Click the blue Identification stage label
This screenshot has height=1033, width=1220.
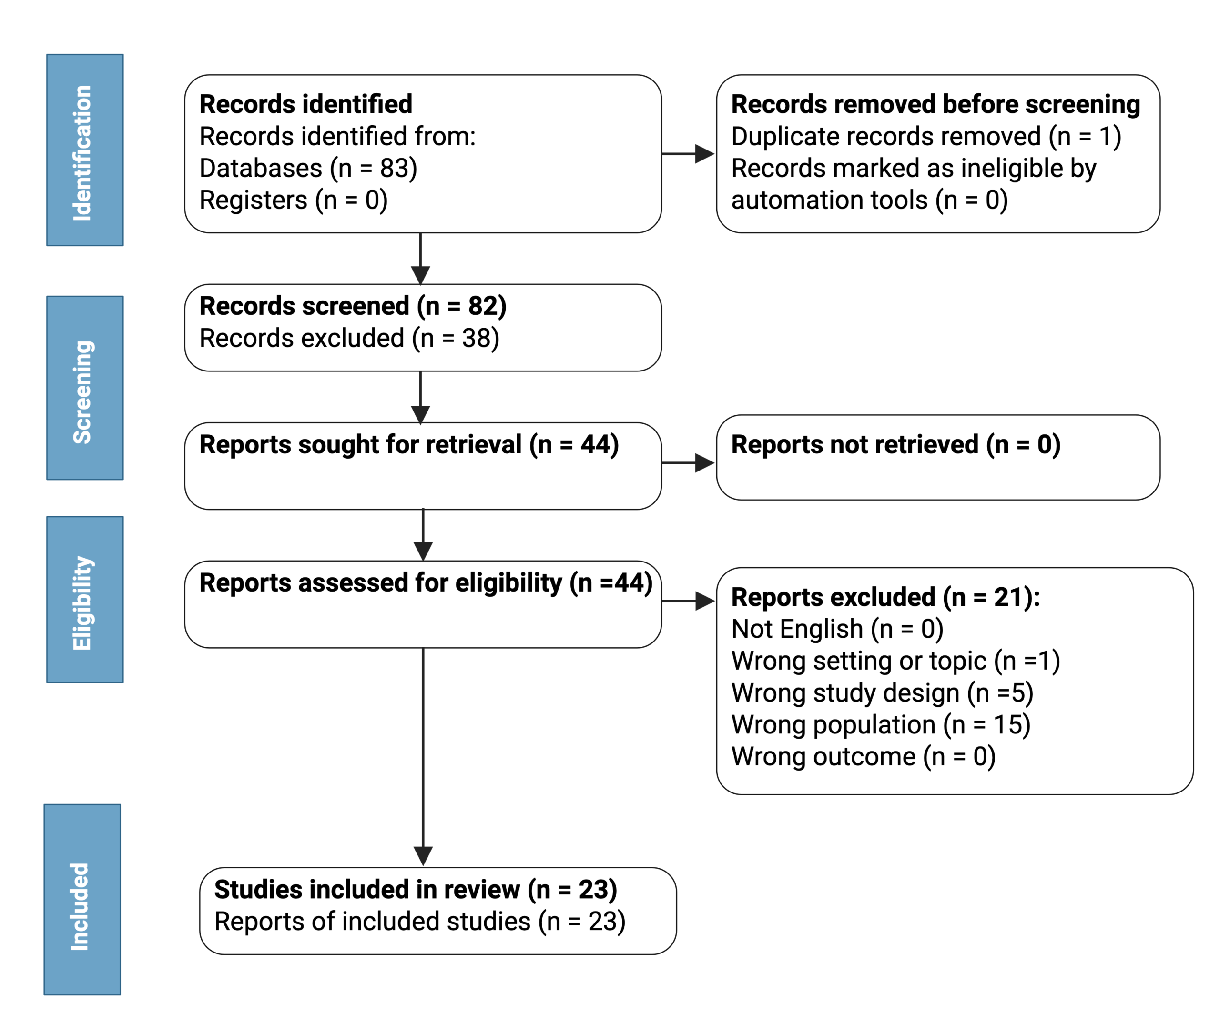click(x=85, y=150)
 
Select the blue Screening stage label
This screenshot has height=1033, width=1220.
click(x=85, y=388)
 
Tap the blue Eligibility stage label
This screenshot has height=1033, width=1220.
click(x=85, y=600)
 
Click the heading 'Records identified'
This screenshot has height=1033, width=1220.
click(x=306, y=104)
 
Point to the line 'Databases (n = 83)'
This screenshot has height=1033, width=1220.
click(x=308, y=168)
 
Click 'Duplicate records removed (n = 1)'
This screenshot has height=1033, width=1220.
click(x=926, y=136)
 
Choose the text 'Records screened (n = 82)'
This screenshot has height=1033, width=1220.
click(x=353, y=306)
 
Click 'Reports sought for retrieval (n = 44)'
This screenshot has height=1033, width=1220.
click(x=409, y=444)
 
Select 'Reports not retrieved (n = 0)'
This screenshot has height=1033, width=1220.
click(x=896, y=444)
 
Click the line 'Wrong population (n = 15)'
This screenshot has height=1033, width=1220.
click(x=881, y=725)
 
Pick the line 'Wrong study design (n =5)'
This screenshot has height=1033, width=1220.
click(x=882, y=693)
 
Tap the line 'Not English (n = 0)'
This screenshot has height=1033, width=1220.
click(x=837, y=630)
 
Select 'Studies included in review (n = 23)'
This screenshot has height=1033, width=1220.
click(x=416, y=890)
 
